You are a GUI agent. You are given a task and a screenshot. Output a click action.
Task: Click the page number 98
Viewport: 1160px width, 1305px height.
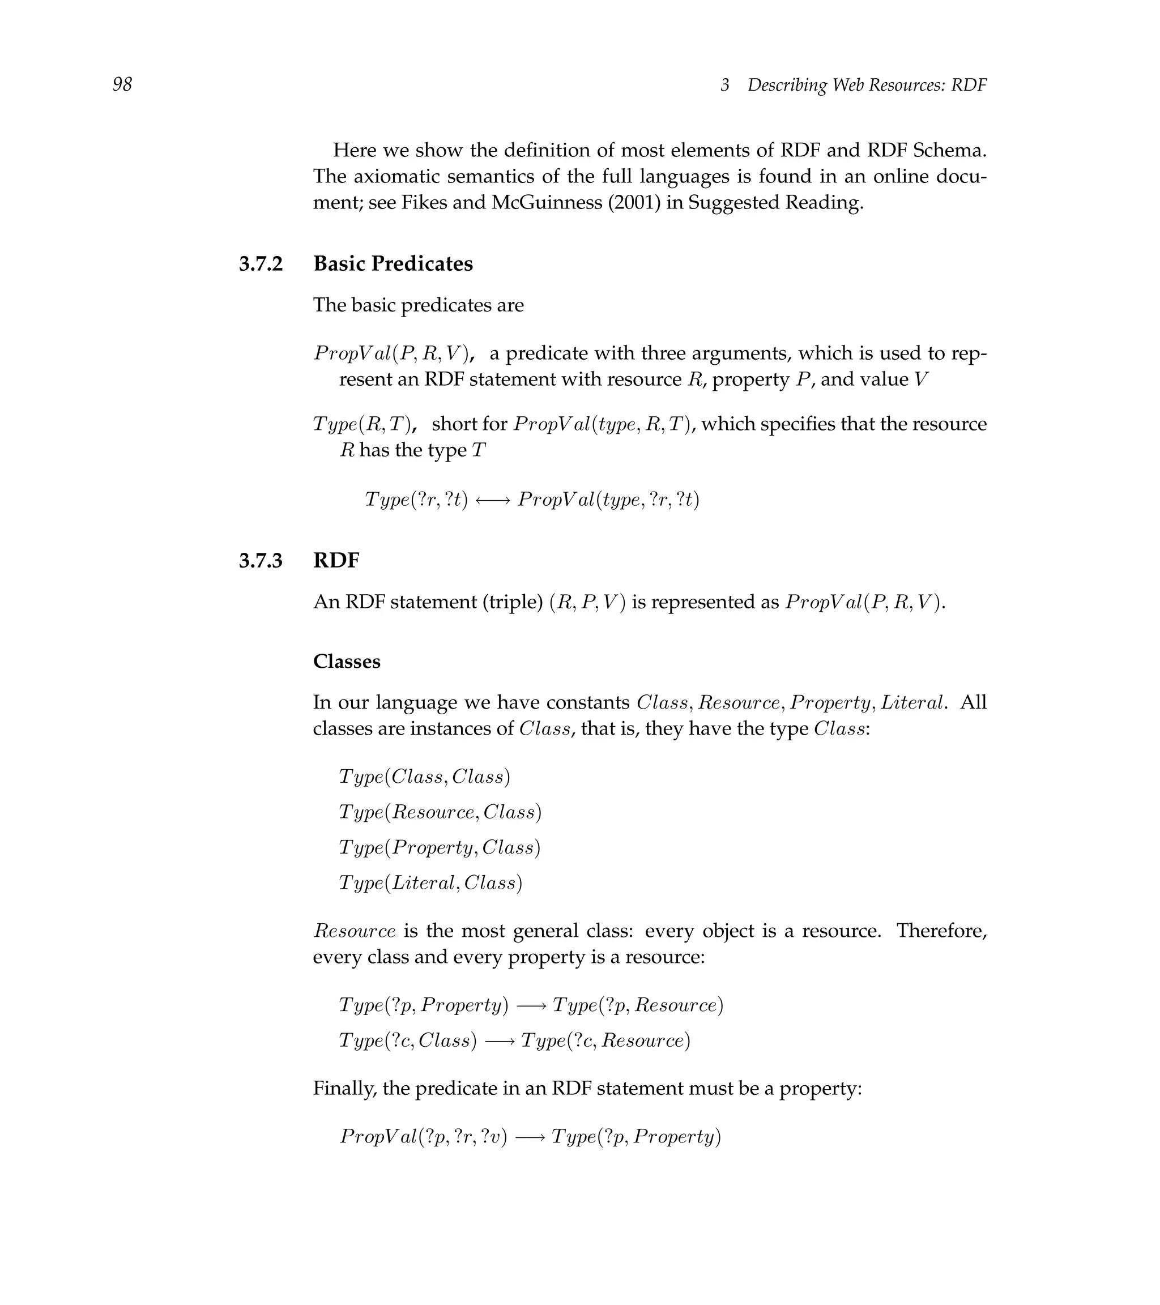click(x=122, y=84)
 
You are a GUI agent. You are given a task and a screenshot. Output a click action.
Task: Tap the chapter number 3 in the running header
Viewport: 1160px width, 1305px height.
click(x=724, y=85)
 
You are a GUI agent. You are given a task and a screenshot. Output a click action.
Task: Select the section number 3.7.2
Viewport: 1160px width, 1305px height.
click(x=261, y=264)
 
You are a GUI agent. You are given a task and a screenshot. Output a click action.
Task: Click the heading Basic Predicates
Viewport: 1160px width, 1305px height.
click(x=393, y=264)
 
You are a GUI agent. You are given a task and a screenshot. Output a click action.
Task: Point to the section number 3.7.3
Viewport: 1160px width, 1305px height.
click(x=261, y=561)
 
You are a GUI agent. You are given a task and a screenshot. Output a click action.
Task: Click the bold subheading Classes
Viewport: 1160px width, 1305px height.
click(x=347, y=662)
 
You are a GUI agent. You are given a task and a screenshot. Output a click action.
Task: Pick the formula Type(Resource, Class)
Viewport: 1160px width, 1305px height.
click(x=440, y=812)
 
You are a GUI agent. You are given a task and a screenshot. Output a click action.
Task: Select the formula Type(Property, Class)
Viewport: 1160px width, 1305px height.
click(x=439, y=848)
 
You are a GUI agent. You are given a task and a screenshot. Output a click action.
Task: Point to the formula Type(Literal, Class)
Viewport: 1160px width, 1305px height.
click(x=430, y=883)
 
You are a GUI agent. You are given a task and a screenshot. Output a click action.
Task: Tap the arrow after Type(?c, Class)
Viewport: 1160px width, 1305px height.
click(x=499, y=1041)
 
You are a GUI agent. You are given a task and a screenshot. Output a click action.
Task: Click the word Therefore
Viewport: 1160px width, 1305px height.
click(x=941, y=931)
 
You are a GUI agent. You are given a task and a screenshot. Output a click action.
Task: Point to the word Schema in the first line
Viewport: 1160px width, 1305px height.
click(x=950, y=151)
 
